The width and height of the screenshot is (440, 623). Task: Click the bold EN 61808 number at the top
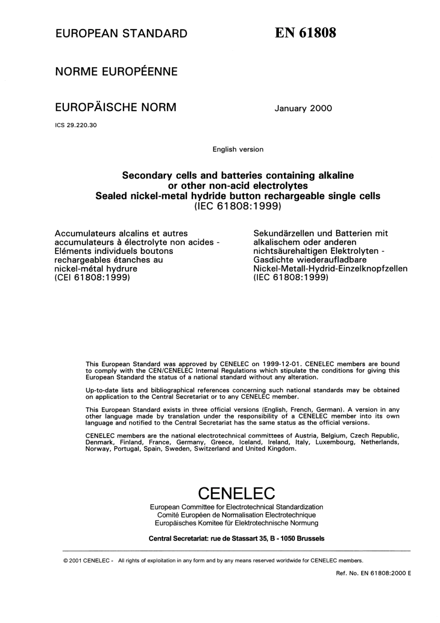(x=305, y=33)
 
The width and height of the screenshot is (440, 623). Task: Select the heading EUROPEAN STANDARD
(x=121, y=33)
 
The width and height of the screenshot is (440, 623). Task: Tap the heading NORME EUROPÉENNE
(x=116, y=71)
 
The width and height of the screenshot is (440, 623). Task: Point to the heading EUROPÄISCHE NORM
(x=116, y=107)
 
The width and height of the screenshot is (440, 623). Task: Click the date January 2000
(x=303, y=108)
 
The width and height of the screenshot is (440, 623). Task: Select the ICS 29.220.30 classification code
(x=76, y=125)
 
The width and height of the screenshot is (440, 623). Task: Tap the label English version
(x=238, y=149)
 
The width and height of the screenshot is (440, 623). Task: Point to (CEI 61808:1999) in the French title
(x=92, y=278)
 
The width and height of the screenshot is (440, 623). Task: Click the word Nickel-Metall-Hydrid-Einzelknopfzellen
(x=330, y=268)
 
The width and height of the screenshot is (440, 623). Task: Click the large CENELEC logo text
(x=236, y=492)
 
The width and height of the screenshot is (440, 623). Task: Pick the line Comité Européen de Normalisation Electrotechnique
(x=236, y=515)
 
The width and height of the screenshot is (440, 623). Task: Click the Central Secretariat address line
(x=236, y=539)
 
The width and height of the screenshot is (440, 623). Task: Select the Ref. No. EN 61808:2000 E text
(x=373, y=573)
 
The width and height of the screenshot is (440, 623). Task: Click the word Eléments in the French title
(x=73, y=251)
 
